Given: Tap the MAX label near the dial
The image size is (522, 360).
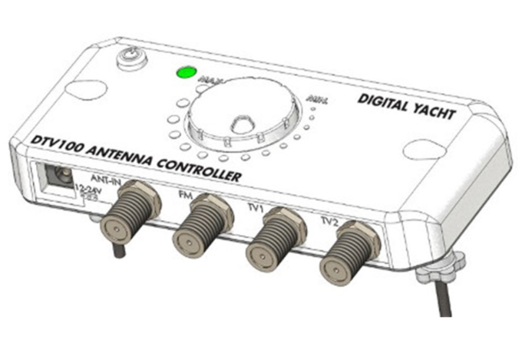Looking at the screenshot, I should [x=208, y=79].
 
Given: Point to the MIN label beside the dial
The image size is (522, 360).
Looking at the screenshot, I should [x=316, y=100].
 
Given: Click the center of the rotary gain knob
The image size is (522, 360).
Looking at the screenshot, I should [x=240, y=124].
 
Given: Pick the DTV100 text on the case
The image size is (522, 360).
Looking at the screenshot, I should [x=56, y=142].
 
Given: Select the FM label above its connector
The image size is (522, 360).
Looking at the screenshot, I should [x=185, y=195].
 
